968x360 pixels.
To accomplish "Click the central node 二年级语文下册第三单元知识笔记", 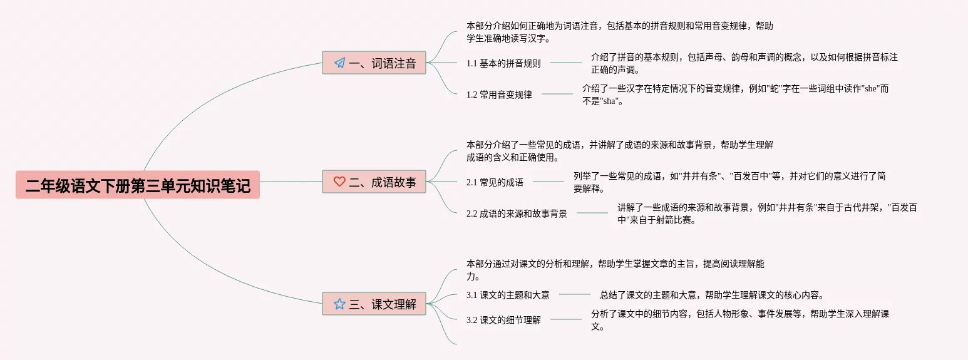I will coord(138,185).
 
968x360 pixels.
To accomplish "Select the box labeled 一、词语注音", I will coord(374,63).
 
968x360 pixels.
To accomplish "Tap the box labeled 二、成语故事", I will coord(374,182).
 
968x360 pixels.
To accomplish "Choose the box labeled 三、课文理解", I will coord(374,304).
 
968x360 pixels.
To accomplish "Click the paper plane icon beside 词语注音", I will coord(339,63).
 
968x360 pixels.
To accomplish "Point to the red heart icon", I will coord(339,182).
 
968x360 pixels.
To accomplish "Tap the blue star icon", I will coord(339,304).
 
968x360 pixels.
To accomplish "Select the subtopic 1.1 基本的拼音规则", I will coord(503,63).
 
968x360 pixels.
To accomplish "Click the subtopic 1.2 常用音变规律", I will coord(499,95).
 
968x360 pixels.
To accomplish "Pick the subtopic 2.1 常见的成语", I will coord(495,182).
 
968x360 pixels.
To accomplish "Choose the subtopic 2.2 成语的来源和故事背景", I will coord(517,213).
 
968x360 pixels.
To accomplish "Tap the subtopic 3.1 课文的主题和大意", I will coord(508,295).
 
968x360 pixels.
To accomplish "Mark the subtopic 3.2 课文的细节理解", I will coord(503,320).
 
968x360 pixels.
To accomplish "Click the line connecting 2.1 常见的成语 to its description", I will coord(548,182).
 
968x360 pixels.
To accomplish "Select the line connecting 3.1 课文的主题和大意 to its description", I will coord(575,294).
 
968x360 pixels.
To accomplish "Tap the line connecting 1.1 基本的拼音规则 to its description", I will coord(566,63).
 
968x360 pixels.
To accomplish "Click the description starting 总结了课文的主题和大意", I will coord(711,295).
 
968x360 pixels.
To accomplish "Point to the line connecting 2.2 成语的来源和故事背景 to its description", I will coord(592,213).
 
